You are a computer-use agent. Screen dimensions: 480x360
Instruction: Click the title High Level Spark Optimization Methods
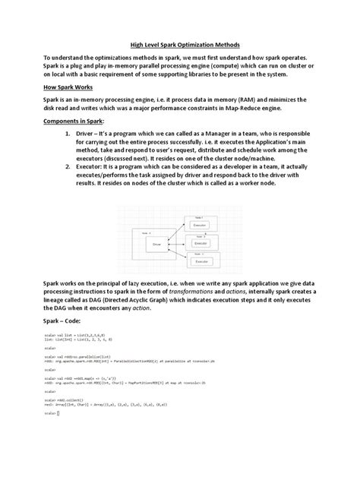(x=179, y=46)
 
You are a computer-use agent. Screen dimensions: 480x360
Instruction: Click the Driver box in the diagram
(x=157, y=244)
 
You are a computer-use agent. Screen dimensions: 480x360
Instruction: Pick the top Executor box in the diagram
(x=200, y=226)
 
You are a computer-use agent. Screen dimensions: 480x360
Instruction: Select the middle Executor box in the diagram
(x=200, y=243)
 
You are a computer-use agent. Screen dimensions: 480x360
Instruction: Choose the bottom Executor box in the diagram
(x=200, y=261)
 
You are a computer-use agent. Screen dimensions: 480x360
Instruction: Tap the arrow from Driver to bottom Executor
(x=179, y=254)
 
